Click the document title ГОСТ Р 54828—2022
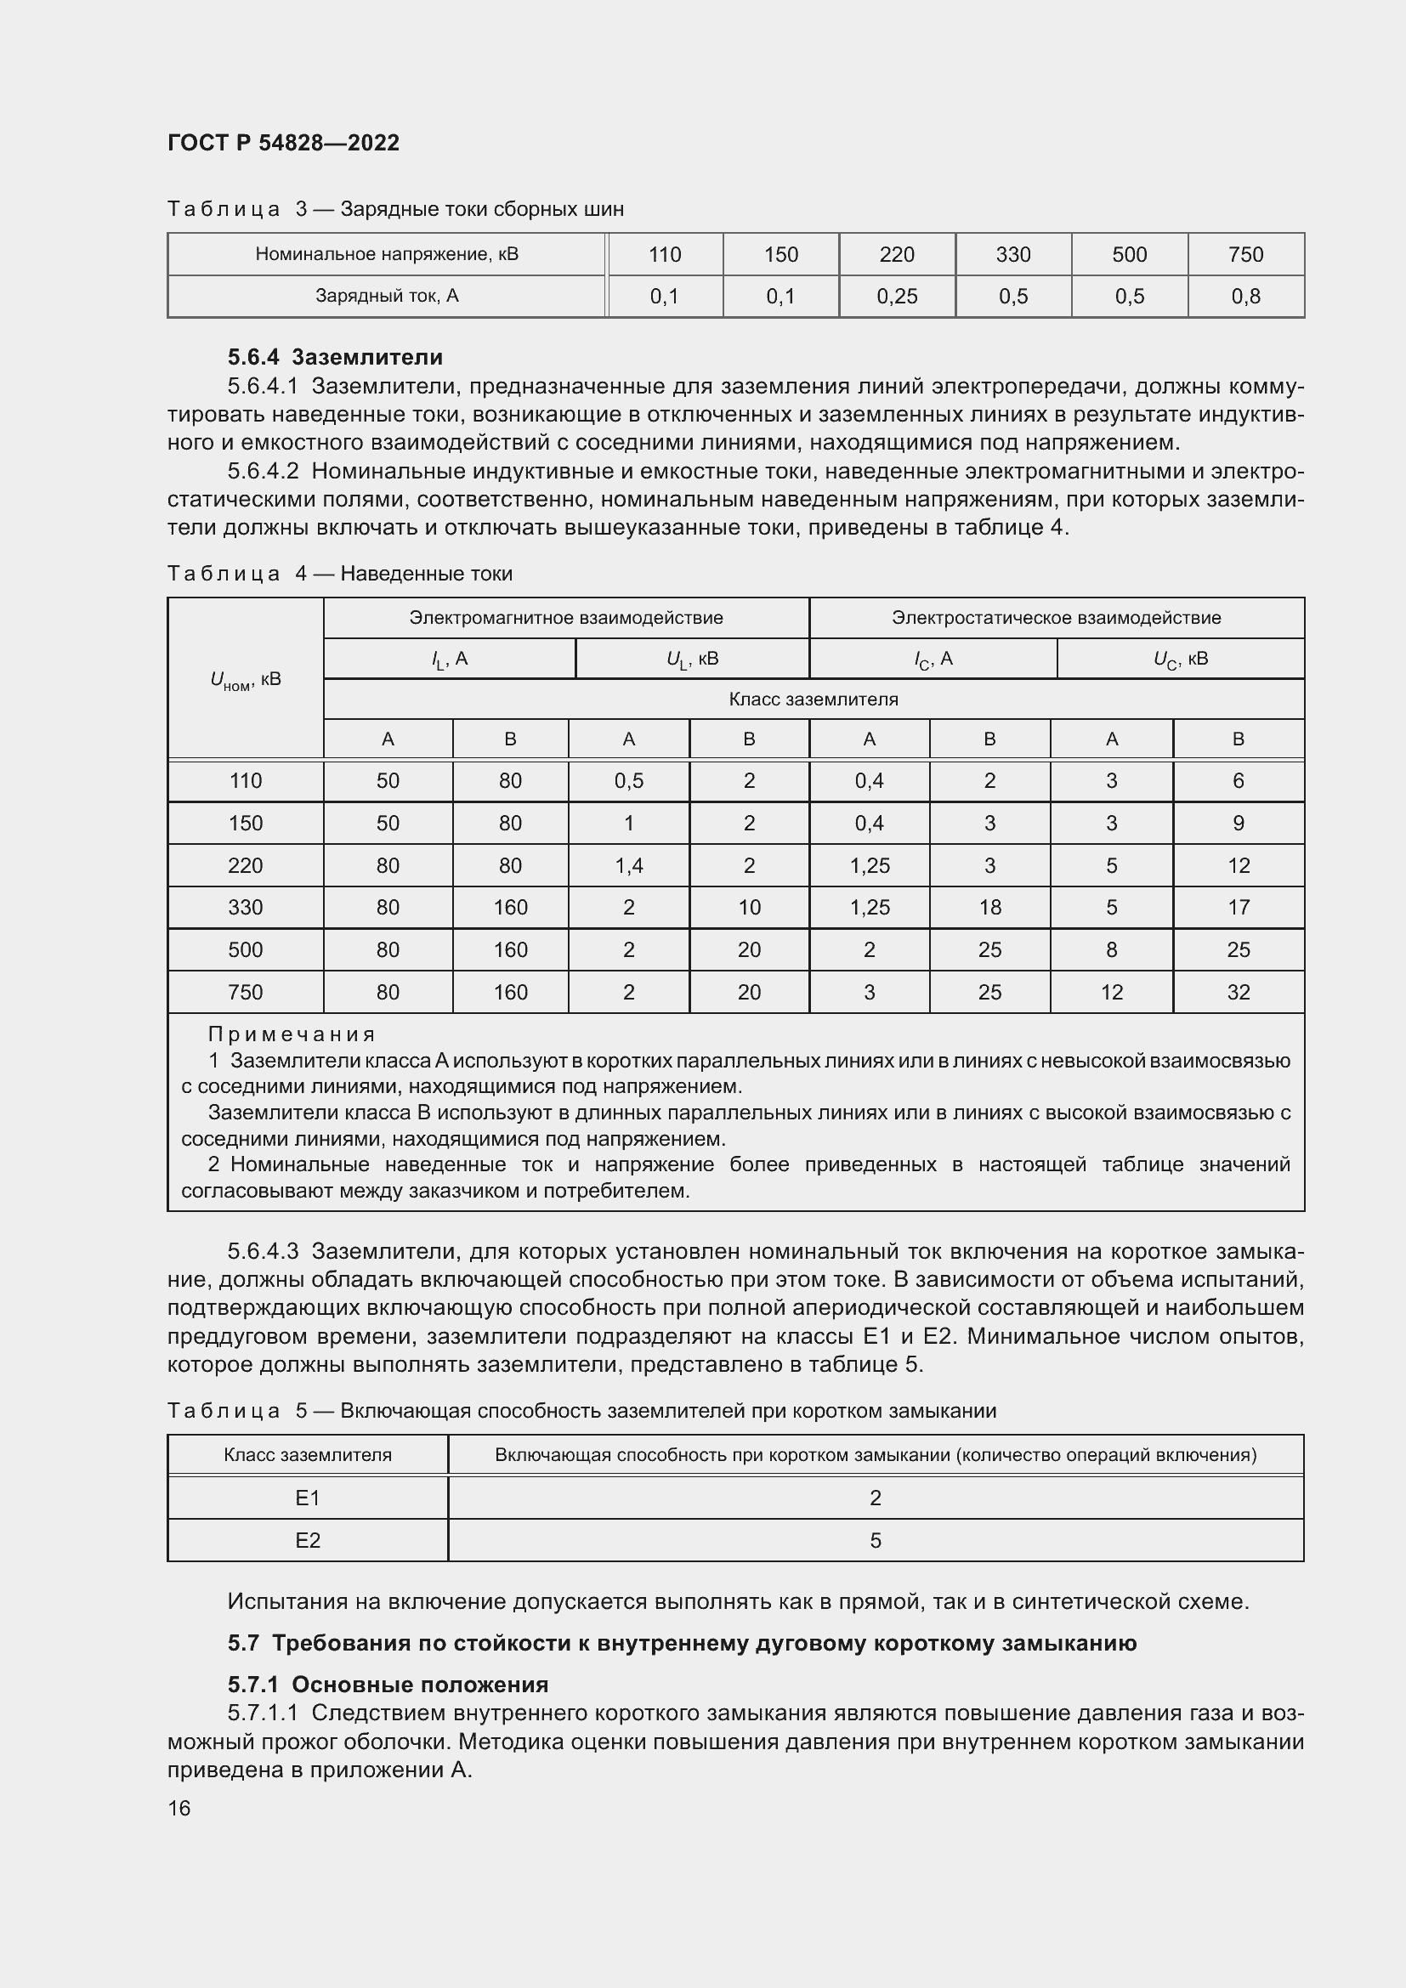click(x=283, y=143)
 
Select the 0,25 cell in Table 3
click(x=896, y=296)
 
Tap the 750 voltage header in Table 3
click(x=1245, y=255)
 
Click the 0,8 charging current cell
click(x=1245, y=296)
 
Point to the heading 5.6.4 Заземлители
click(x=335, y=357)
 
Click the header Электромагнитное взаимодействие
click(x=565, y=617)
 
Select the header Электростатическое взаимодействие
click(x=1056, y=617)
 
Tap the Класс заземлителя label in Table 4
click(x=813, y=699)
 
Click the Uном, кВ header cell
click(x=245, y=680)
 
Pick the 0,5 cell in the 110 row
click(x=628, y=781)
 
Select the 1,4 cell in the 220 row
click(x=628, y=865)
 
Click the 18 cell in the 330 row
click(x=989, y=908)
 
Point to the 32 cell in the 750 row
click(x=1238, y=992)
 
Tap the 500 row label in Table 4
click(x=245, y=950)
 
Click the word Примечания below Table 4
click(x=292, y=1034)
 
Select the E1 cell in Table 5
click(x=308, y=1498)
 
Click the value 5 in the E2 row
click(x=876, y=1540)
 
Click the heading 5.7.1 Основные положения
click(x=388, y=1684)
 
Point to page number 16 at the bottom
click(x=179, y=1808)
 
